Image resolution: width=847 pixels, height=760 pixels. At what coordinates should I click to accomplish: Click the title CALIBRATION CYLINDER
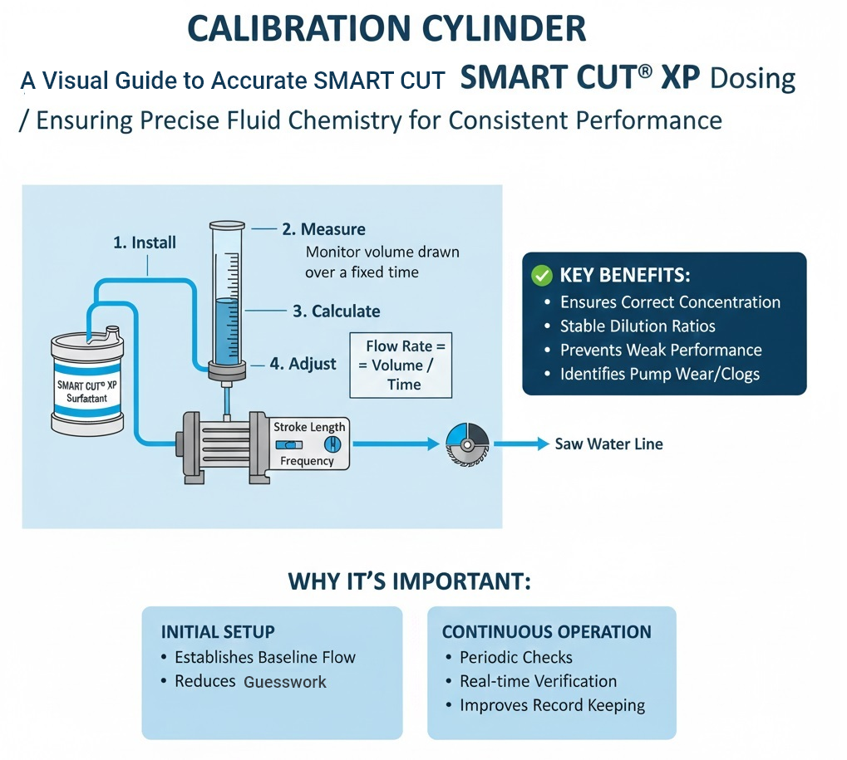pos(387,28)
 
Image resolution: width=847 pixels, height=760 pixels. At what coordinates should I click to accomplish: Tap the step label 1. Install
pos(145,243)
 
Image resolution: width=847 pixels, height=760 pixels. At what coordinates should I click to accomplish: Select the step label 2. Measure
pos(323,229)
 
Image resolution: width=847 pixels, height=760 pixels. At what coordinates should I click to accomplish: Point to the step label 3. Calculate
pos(336,311)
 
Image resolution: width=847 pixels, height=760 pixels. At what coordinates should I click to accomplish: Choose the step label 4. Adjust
pos(303,364)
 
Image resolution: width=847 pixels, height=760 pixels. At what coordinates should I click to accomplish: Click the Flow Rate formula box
pos(401,365)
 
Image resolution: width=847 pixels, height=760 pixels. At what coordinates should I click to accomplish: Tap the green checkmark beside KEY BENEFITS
pos(542,276)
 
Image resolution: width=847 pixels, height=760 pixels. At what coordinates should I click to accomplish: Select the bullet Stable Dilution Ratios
pos(638,326)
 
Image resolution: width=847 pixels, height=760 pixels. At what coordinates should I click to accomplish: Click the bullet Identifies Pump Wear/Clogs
pos(660,374)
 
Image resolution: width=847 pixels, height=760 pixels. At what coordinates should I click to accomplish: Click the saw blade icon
pos(465,444)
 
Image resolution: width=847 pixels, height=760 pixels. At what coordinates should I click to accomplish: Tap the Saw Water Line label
pos(608,444)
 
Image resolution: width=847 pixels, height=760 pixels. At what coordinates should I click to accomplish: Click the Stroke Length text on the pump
pos(309,427)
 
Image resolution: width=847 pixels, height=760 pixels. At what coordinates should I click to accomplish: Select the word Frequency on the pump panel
pos(307,461)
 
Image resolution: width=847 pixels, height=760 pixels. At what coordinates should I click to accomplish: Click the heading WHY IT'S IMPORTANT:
pos(409,581)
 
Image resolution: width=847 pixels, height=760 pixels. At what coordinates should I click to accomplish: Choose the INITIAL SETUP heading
pos(218,631)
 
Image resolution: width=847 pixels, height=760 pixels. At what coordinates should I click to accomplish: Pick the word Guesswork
pos(285,682)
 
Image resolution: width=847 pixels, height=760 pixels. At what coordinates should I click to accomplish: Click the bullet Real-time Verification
pos(538,681)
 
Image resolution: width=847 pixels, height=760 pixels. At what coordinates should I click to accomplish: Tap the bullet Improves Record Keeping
pos(552,705)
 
